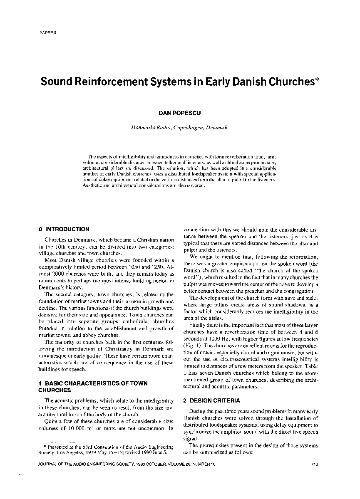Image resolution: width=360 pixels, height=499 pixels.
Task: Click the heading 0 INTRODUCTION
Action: (x=64, y=229)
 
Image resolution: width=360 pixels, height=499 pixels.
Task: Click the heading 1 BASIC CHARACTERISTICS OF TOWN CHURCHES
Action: (x=90, y=387)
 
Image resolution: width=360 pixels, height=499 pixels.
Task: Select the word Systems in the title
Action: (x=168, y=82)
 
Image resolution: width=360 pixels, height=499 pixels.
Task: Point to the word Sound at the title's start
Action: (x=55, y=82)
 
